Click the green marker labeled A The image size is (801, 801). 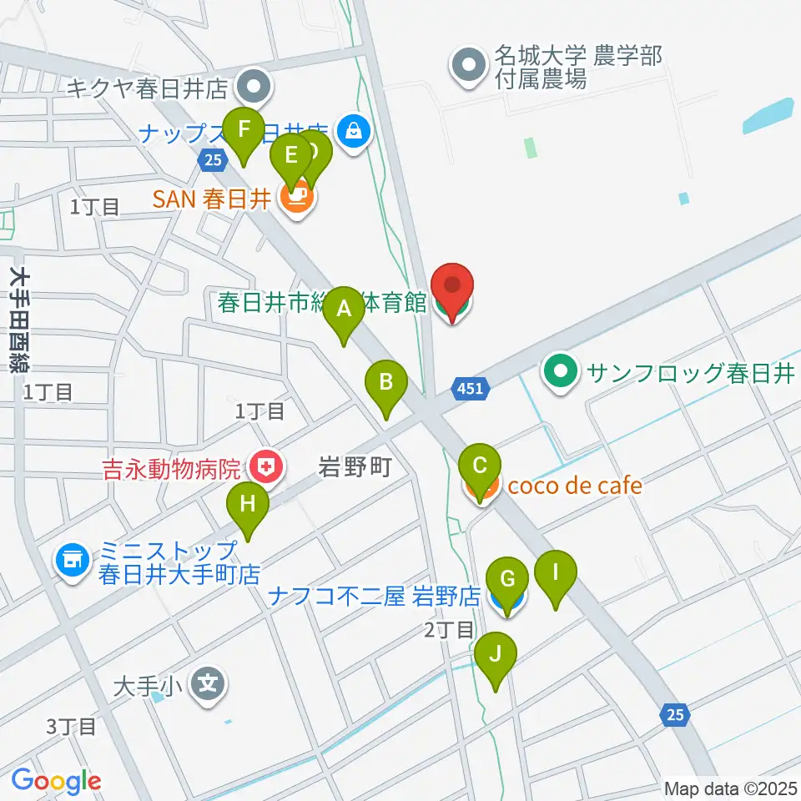pyautogui.click(x=343, y=310)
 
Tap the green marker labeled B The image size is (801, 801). pyautogui.click(x=386, y=384)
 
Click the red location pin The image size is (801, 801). pyautogui.click(x=452, y=287)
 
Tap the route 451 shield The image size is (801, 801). pyautogui.click(x=470, y=387)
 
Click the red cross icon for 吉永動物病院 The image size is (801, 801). pyautogui.click(x=265, y=468)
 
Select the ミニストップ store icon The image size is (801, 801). pyautogui.click(x=72, y=560)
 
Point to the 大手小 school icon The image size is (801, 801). pyautogui.click(x=208, y=686)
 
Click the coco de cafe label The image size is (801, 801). pyautogui.click(x=575, y=485)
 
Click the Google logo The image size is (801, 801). pyautogui.click(x=56, y=781)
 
